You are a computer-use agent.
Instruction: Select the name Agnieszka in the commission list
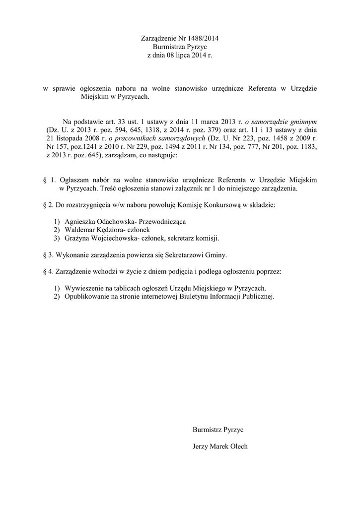(x=80, y=221)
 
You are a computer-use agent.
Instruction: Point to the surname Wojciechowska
(x=113, y=238)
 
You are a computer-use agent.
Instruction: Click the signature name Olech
(x=238, y=446)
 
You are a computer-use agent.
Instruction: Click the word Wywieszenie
(x=83, y=288)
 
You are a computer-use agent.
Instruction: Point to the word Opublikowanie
(x=86, y=297)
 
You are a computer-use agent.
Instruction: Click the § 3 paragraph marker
(x=48, y=255)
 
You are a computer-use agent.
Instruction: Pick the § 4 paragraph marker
(x=48, y=272)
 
